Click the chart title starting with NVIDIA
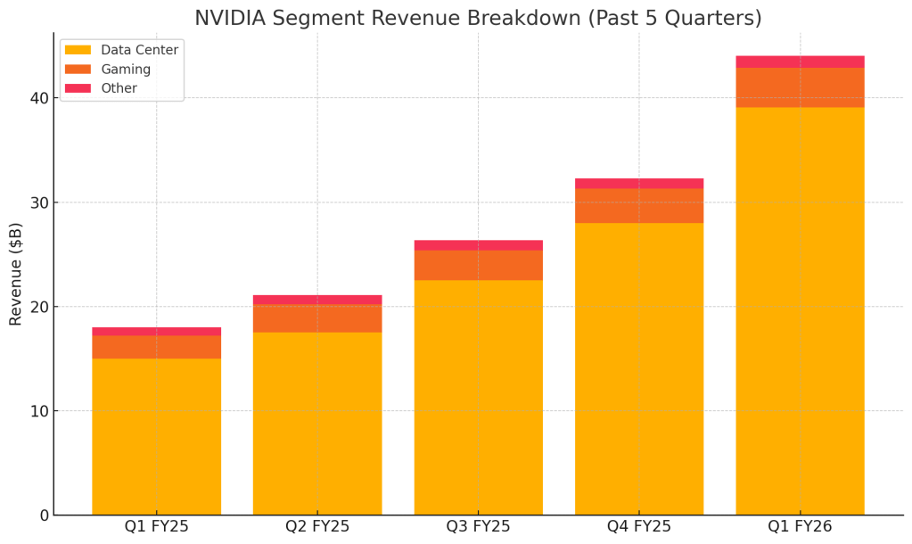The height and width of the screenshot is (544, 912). [x=478, y=18]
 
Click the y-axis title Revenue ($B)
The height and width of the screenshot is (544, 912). [x=16, y=274]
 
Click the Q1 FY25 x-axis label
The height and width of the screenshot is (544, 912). [x=157, y=527]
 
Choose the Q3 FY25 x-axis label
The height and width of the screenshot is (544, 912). [x=479, y=527]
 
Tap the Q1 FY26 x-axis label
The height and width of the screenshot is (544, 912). [x=800, y=527]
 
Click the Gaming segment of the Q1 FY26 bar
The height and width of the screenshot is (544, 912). [x=800, y=87]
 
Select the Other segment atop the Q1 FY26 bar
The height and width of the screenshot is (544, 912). [x=800, y=62]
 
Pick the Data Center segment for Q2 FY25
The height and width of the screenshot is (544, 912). [x=317, y=424]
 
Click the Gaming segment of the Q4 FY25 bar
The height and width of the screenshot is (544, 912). [x=639, y=205]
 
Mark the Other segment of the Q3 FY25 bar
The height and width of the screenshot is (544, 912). [x=479, y=245]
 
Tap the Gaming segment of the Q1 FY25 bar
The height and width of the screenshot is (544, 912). [x=157, y=347]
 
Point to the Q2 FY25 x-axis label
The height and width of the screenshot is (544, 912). [x=317, y=527]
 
